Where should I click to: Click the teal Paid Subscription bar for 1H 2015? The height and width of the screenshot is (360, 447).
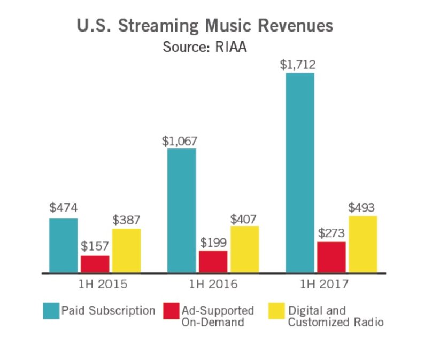pos(63,245)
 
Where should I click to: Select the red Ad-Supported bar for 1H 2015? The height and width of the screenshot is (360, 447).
pos(95,264)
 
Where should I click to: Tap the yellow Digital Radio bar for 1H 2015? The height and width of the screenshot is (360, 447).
pos(126,251)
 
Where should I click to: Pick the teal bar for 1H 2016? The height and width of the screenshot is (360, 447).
pos(181,210)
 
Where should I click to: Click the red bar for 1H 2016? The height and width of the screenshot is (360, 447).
pos(213,261)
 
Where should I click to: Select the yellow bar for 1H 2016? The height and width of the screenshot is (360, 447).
pos(244,249)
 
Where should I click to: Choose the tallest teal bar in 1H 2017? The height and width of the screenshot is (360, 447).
pos(299,173)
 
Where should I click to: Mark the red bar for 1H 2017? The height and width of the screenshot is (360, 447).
pos(331,257)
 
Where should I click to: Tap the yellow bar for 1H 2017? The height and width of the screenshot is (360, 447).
pos(363,244)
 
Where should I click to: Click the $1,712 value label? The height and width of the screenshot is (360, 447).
pos(298,65)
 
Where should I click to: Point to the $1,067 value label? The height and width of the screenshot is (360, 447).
pos(180,142)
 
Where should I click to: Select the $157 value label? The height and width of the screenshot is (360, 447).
pos(95,247)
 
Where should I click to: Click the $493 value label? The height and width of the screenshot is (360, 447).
pos(361,208)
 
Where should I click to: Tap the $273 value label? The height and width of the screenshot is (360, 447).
pos(331,233)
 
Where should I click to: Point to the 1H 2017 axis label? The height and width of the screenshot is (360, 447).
pos(331,284)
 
